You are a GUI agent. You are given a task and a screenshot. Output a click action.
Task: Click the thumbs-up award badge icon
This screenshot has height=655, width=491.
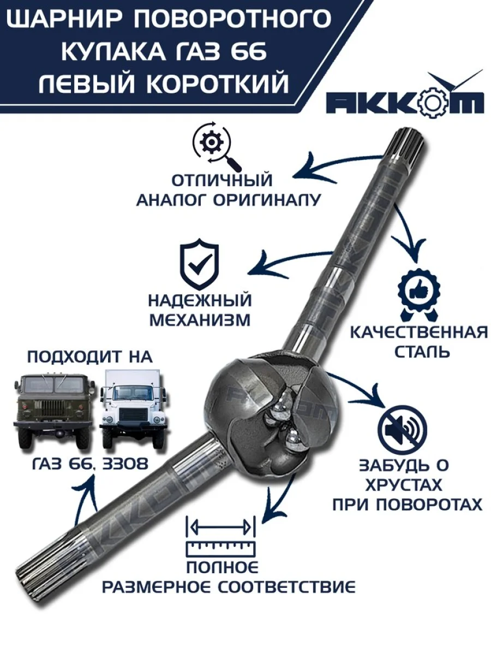click(419, 294)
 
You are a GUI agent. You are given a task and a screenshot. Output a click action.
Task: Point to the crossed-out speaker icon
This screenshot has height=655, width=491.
click(402, 430)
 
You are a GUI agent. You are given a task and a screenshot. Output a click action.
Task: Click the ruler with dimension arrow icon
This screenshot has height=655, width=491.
click(220, 535)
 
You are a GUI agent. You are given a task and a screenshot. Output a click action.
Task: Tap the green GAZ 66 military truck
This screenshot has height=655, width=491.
click(55, 411)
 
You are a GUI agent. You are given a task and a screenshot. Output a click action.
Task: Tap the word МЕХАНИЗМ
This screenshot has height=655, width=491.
click(200, 320)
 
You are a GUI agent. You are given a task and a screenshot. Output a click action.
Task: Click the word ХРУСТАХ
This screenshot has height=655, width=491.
click(404, 485)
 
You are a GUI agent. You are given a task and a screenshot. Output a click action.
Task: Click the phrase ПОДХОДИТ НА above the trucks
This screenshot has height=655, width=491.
click(89, 357)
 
